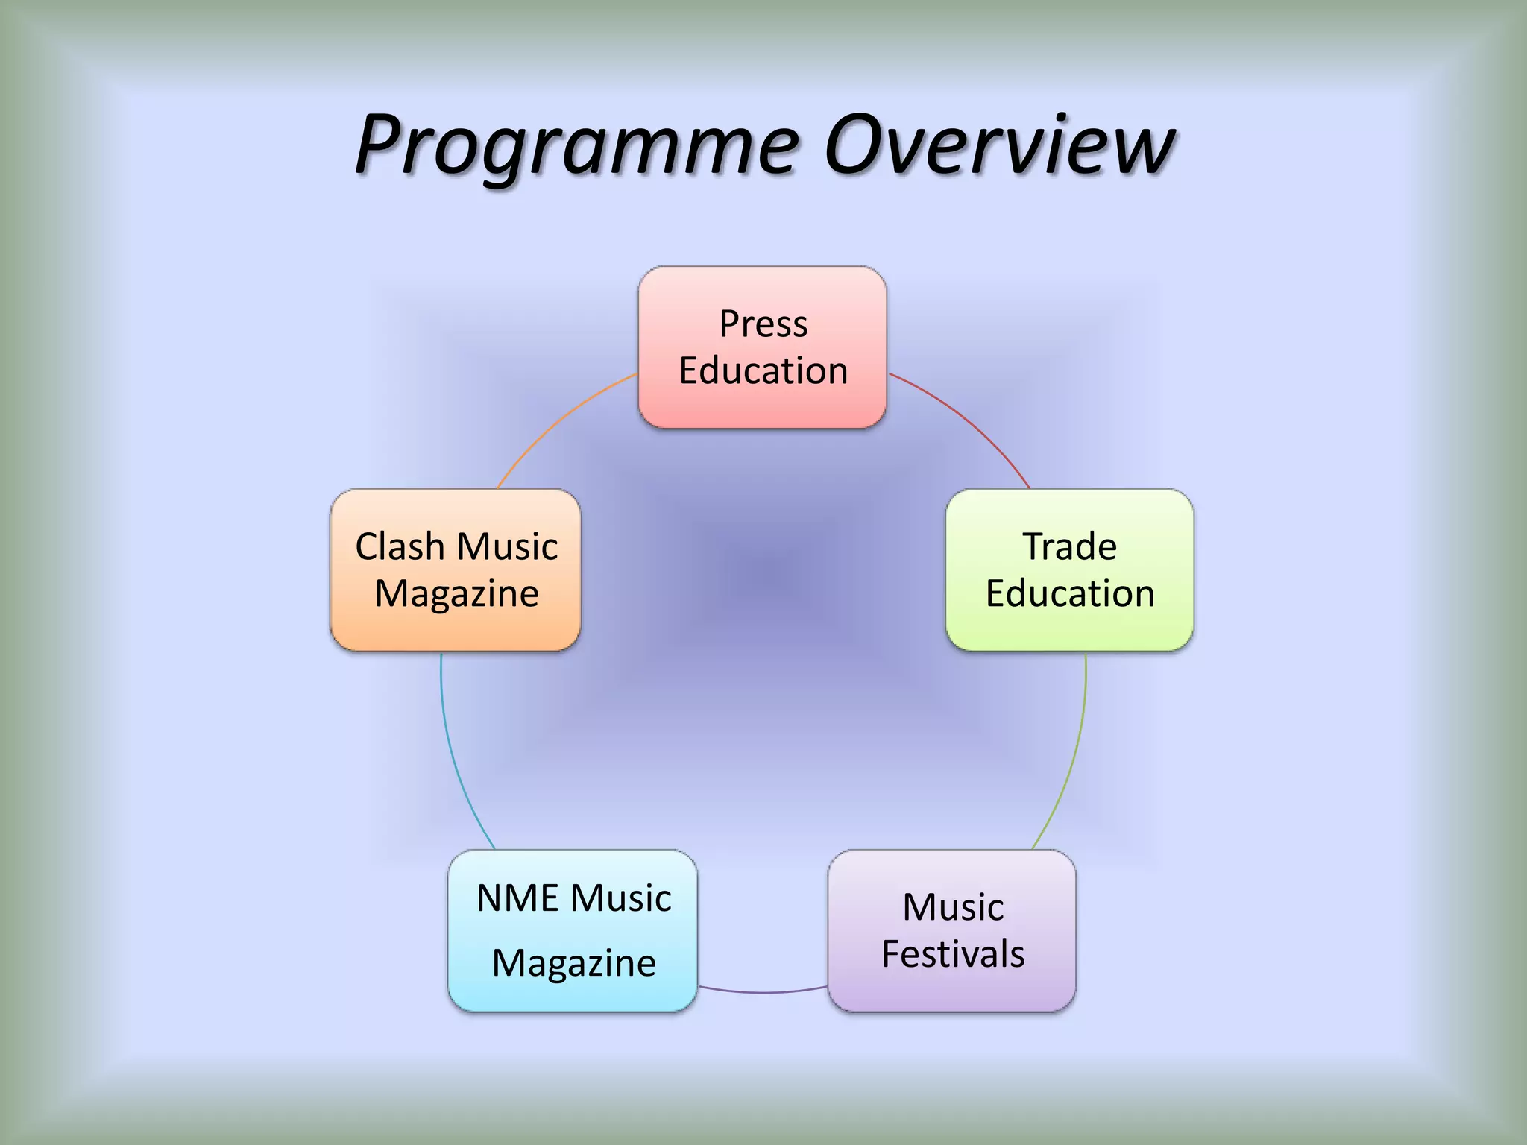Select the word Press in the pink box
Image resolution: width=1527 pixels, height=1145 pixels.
tap(763, 324)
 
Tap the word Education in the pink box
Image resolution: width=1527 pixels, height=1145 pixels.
tap(763, 370)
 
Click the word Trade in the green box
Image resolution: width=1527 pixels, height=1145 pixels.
tap(1069, 546)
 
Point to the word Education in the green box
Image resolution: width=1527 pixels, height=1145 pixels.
tap(1070, 593)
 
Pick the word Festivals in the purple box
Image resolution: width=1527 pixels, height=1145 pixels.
tap(953, 954)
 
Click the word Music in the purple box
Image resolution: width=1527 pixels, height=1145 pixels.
tap(953, 907)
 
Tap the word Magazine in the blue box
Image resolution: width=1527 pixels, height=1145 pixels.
tap(573, 962)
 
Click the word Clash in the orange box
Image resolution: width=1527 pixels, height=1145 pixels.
tap(400, 546)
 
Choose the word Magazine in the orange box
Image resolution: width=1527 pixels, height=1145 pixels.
tap(456, 593)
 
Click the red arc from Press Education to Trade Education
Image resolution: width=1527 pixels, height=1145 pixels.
tap(969, 422)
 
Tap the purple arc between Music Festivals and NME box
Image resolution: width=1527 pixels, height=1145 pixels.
tap(763, 992)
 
